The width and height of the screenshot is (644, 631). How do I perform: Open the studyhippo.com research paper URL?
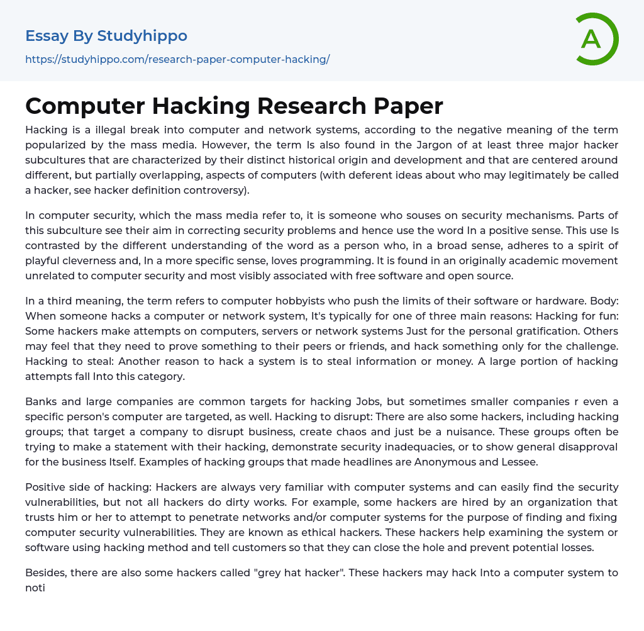tap(177, 59)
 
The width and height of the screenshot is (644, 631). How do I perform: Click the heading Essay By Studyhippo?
tap(106, 36)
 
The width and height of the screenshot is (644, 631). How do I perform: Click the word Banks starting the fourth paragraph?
tap(40, 401)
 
